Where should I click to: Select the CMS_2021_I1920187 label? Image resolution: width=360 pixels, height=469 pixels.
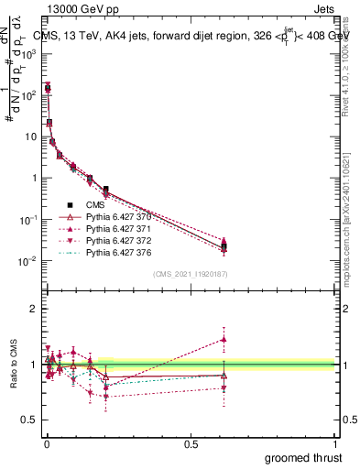[189, 274]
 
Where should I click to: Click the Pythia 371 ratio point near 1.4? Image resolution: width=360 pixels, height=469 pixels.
[224, 339]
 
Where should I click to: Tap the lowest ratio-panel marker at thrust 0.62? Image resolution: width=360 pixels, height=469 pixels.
[224, 387]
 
